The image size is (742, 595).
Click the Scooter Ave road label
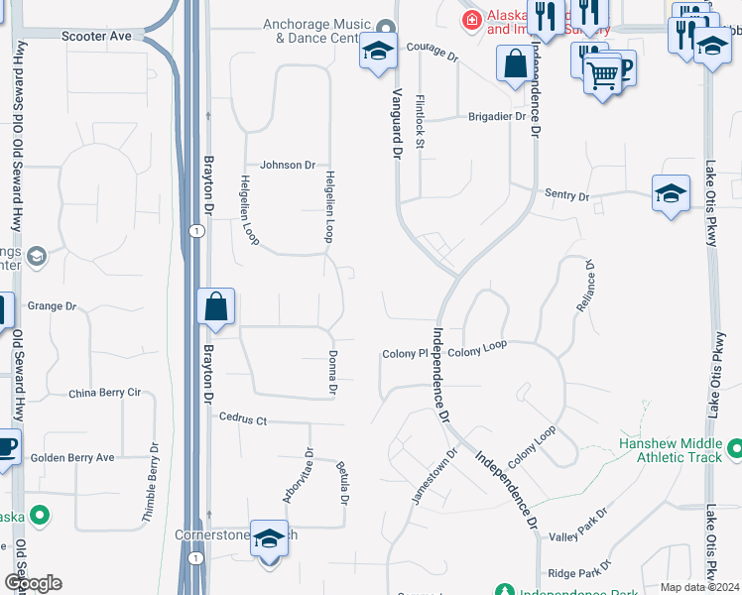pos(96,36)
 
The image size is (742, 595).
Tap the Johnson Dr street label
pos(288,166)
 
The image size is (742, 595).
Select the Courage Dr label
pos(432,56)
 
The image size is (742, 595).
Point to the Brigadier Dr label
pos(496,116)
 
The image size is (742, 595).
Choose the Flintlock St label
pos(420,123)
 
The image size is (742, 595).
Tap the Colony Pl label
pos(405,353)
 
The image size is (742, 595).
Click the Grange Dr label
pos(53,306)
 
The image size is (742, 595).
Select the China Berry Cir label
pos(104,394)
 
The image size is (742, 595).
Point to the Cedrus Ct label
pos(244,419)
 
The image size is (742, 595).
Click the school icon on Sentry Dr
pos(671,193)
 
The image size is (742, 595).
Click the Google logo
pos(33,583)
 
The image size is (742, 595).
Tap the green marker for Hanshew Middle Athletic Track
pos(734,448)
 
